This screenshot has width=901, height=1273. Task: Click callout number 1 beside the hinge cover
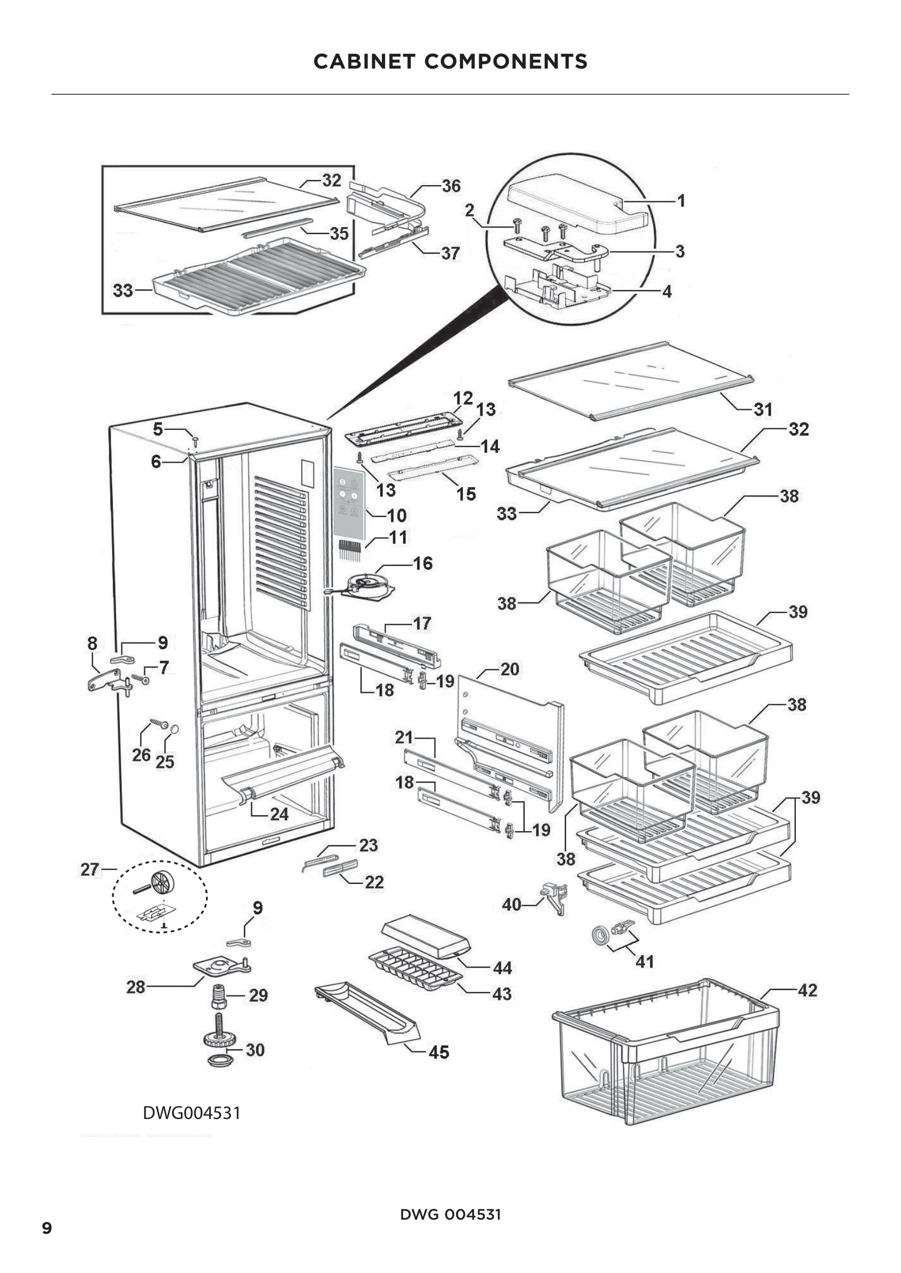681,200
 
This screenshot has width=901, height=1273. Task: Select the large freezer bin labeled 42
666,1054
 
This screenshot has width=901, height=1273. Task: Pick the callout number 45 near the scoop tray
439,1052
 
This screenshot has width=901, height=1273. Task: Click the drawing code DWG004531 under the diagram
191,1113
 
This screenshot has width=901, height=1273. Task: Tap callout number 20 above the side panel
509,669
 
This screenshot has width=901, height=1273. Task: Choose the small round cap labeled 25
174,729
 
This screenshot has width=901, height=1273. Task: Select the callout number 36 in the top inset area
450,186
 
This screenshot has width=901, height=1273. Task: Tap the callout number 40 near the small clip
511,905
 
